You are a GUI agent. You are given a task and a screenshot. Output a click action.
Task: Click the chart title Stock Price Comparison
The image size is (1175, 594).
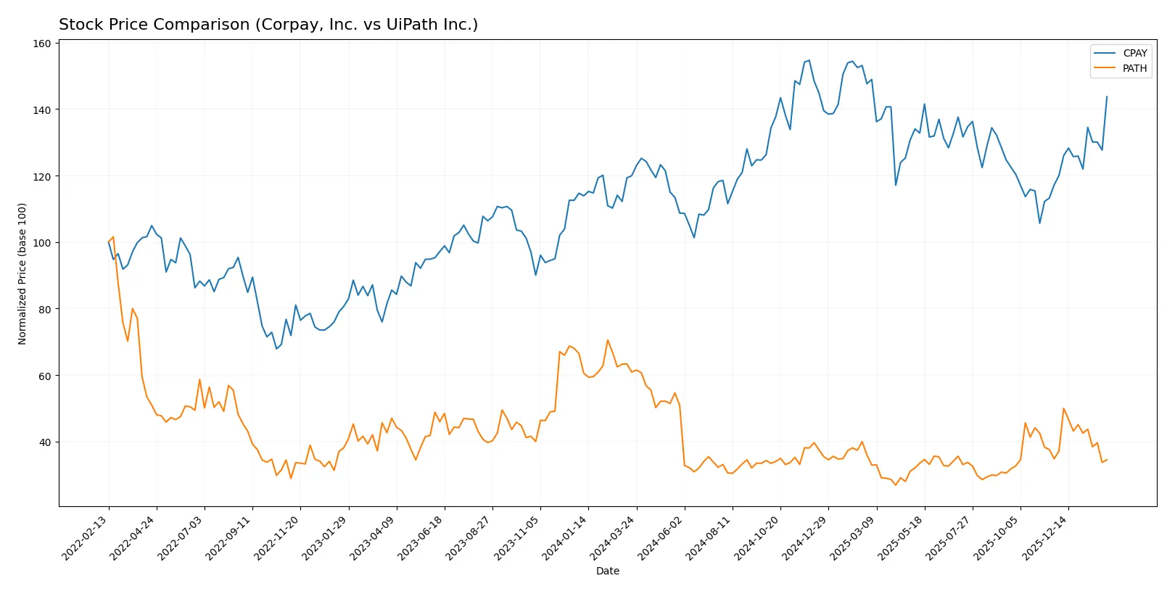268,25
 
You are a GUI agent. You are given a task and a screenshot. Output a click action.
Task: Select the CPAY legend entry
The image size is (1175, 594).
1134,53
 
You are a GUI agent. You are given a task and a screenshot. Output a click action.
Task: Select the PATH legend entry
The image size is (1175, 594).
1134,68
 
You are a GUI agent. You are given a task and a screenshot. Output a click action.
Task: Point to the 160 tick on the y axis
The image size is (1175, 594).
42,44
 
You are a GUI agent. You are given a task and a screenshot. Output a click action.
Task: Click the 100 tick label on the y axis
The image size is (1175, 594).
42,243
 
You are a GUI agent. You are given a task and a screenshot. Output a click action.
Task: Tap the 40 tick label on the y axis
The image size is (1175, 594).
44,442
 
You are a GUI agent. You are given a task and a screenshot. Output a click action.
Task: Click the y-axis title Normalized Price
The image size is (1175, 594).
22,273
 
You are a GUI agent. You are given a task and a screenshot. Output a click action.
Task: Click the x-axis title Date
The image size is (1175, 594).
607,571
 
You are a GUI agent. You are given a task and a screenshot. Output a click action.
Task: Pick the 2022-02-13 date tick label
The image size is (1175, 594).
86,537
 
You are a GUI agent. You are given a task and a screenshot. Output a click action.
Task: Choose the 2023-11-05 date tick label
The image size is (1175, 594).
517,537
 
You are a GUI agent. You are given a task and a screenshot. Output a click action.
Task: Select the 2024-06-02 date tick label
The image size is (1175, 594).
661,537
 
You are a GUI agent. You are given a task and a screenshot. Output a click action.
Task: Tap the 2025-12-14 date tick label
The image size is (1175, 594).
1045,537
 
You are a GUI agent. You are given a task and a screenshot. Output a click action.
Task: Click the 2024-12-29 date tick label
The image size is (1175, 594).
805,537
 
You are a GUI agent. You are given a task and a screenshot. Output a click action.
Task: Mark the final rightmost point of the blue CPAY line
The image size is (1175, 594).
1107,96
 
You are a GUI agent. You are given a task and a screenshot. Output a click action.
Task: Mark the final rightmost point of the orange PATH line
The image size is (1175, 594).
1107,459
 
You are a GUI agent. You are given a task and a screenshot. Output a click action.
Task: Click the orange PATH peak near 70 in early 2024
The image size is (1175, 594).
608,340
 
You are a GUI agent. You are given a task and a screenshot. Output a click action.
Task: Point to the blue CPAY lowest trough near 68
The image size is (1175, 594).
276,349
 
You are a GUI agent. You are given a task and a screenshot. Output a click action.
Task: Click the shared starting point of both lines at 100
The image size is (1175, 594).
109,242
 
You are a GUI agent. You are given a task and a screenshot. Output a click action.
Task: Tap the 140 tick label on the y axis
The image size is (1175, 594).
42,110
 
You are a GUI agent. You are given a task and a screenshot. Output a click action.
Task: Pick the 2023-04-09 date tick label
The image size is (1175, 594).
374,537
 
